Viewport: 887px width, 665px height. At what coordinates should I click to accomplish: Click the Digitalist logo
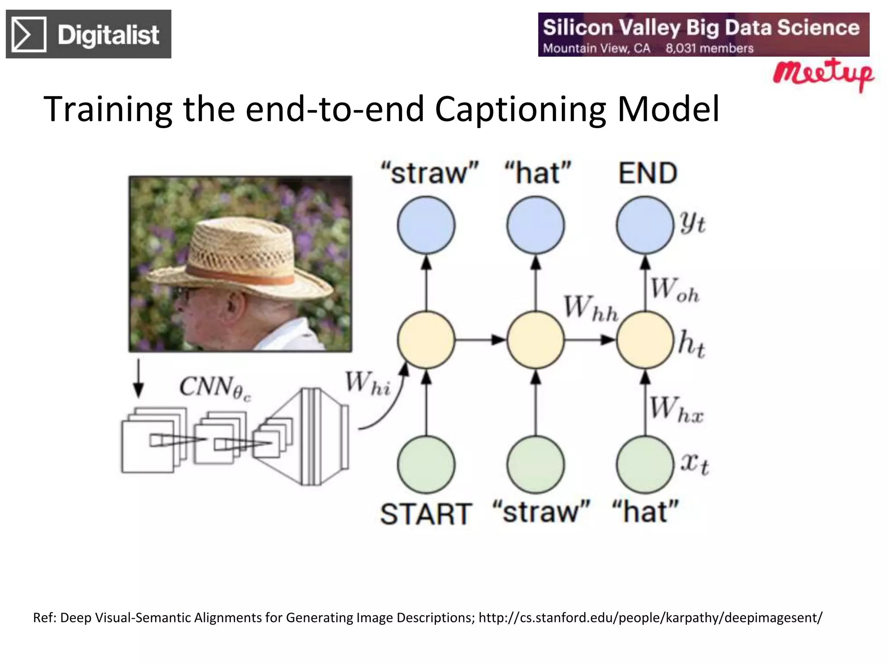[88, 34]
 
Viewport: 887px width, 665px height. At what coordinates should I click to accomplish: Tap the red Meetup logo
[823, 75]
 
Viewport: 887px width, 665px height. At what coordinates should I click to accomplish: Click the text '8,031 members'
[709, 48]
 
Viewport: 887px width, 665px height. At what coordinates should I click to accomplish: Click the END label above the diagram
[647, 173]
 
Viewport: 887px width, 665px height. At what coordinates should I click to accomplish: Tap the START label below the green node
[425, 514]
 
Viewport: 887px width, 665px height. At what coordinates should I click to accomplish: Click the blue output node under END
[645, 225]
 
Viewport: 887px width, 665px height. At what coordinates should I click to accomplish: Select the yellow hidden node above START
[426, 340]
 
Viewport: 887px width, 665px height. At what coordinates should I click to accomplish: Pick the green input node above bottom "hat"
[645, 465]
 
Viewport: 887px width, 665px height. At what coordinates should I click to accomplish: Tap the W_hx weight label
[676, 409]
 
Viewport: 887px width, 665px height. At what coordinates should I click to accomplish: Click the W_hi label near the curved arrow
[368, 384]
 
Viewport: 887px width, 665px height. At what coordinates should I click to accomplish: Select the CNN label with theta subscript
[215, 387]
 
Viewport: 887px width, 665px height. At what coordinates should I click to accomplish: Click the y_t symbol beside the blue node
[693, 223]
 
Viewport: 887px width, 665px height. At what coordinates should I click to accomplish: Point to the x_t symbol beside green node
[694, 464]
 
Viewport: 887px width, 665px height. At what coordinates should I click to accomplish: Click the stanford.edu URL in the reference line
[650, 617]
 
